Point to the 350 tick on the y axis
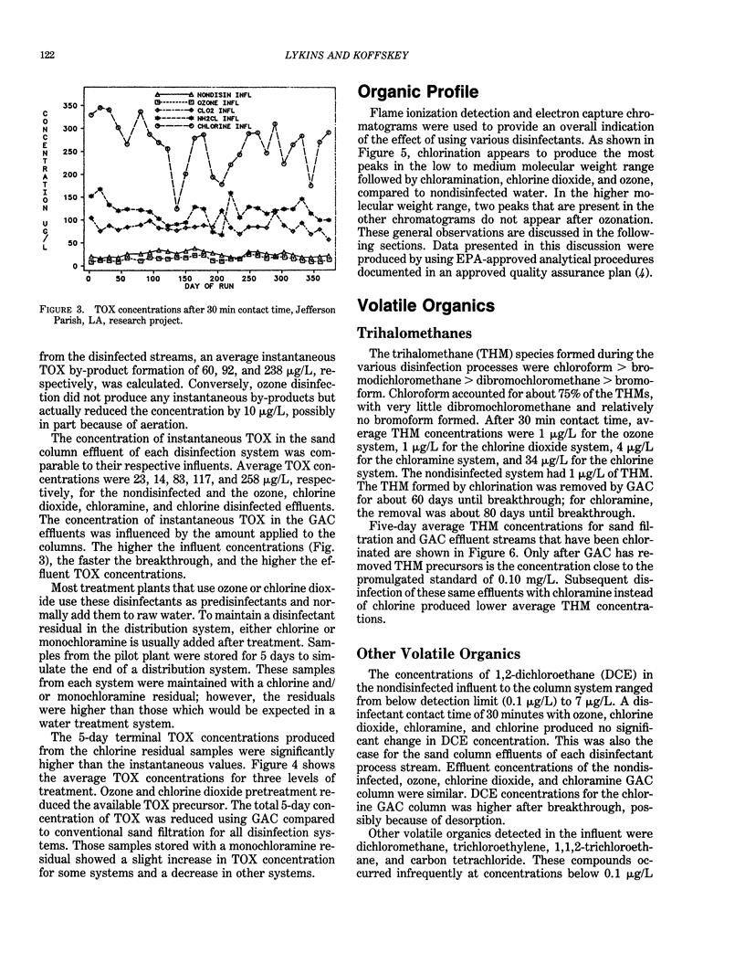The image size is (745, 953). pyautogui.click(x=68, y=106)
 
